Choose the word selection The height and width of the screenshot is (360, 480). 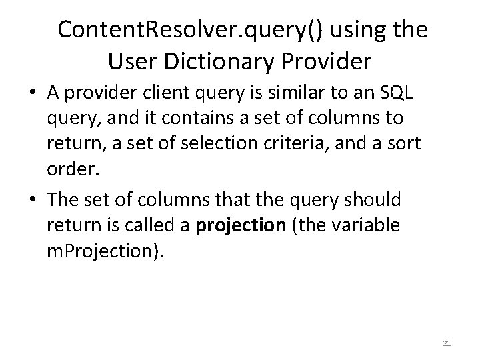click(x=227, y=144)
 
